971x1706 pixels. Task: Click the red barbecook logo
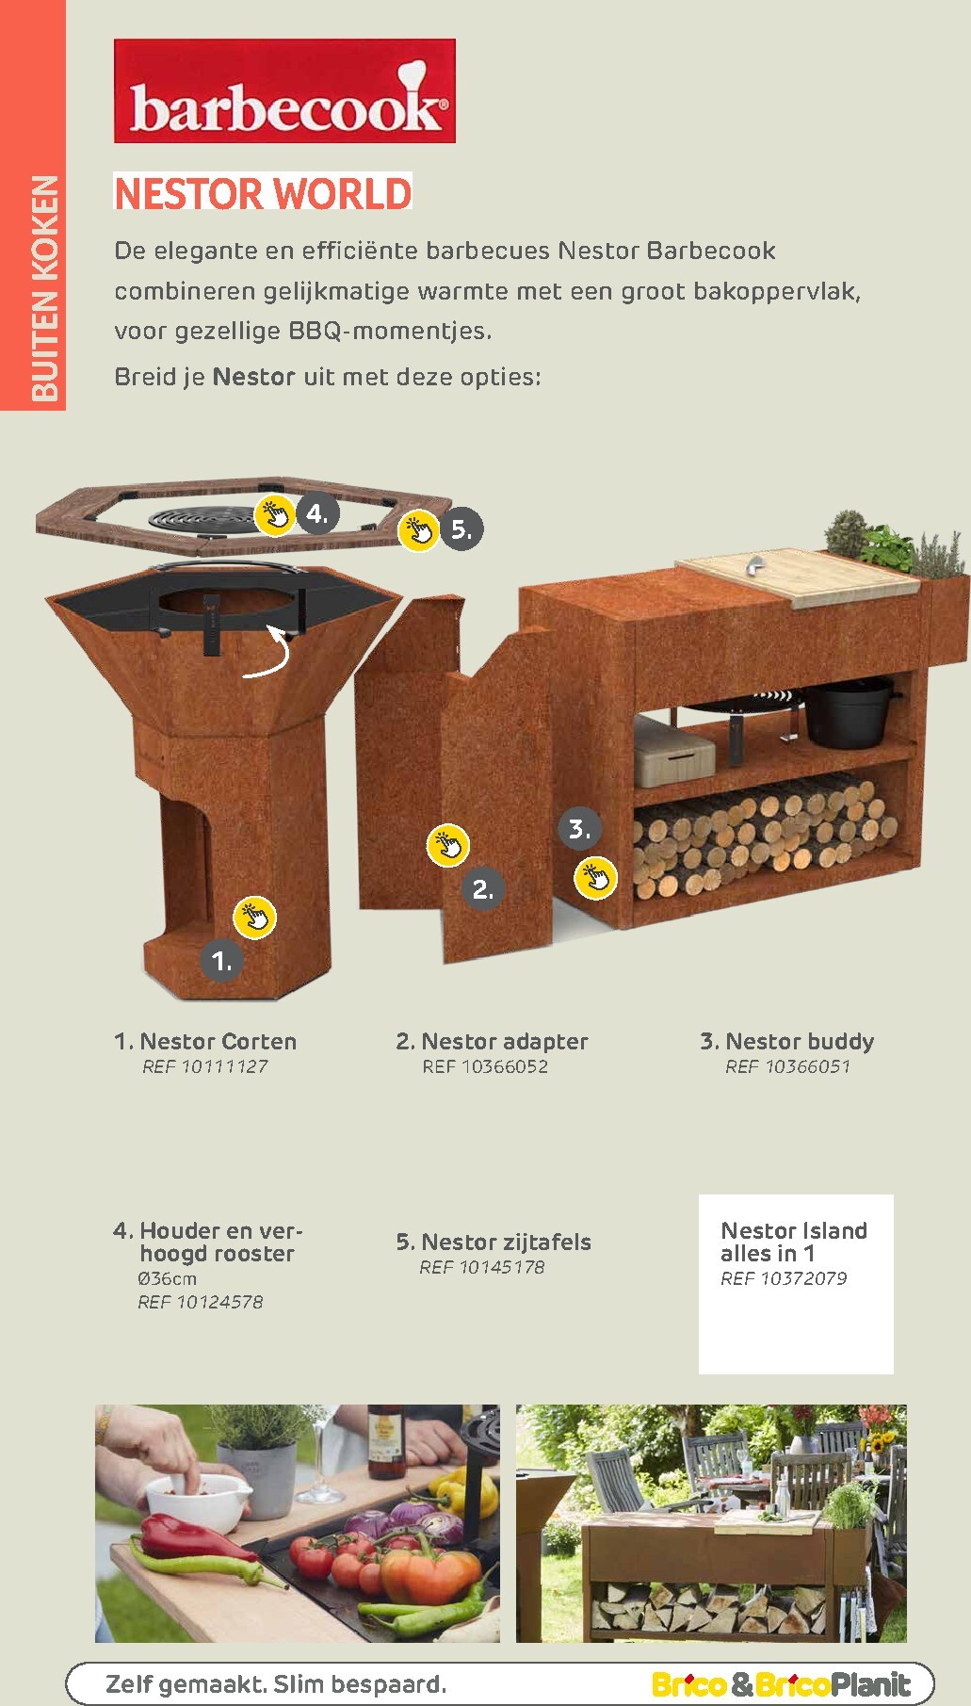(284, 91)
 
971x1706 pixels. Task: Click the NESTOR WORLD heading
(263, 193)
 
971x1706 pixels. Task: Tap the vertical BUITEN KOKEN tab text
(44, 288)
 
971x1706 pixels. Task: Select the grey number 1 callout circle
(221, 961)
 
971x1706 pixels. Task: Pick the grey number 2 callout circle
(483, 888)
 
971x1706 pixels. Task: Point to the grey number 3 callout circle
(579, 829)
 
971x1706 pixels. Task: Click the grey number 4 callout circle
(317, 513)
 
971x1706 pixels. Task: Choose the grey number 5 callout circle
(461, 528)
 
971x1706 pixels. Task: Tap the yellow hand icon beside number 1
(254, 917)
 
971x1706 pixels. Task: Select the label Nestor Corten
(205, 1041)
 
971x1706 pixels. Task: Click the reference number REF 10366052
(485, 1066)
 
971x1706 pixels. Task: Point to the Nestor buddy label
(787, 1042)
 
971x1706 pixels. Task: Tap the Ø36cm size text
(167, 1278)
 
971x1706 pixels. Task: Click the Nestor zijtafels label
(494, 1243)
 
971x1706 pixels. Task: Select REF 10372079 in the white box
(784, 1278)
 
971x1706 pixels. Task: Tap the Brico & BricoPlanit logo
(781, 1684)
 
